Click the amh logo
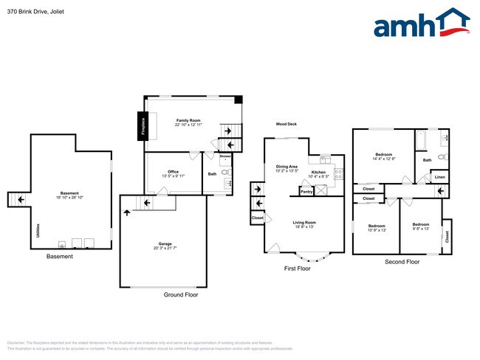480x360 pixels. [422, 24]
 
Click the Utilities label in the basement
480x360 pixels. [38, 231]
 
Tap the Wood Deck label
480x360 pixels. [287, 124]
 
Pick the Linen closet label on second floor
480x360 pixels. [439, 177]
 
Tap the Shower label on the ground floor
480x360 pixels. [225, 156]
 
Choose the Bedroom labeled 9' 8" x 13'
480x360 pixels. [421, 226]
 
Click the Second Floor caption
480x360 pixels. [402, 262]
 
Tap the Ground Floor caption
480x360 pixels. [181, 294]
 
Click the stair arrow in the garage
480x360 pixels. [126, 213]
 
